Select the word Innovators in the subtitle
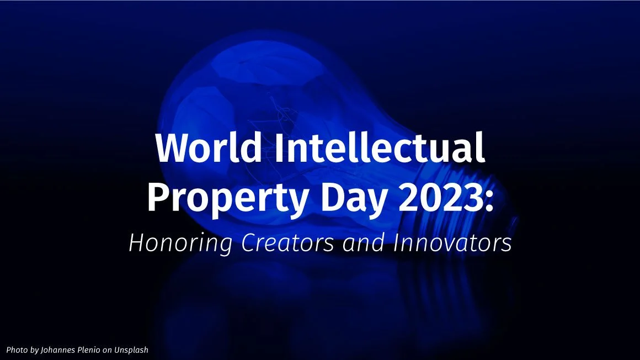pyautogui.click(x=452, y=243)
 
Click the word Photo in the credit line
pyautogui.click(x=17, y=350)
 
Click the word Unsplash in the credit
pyautogui.click(x=132, y=350)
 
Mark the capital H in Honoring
pyautogui.click(x=135, y=243)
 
